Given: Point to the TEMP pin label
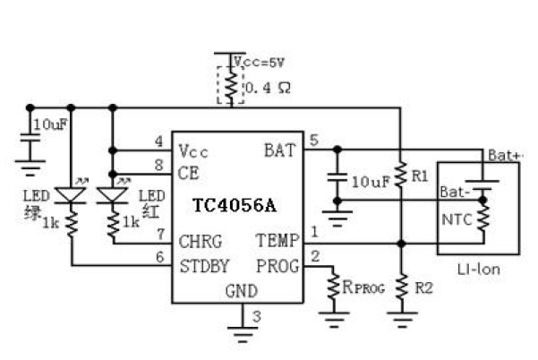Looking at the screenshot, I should click(x=273, y=242).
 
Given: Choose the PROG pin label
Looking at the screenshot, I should click(x=273, y=265).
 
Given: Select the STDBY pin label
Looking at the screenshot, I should click(x=204, y=265).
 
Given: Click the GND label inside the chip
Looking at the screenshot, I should click(x=239, y=290).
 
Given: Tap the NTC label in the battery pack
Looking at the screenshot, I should click(x=455, y=217).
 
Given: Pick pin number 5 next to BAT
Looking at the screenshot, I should click(x=312, y=139).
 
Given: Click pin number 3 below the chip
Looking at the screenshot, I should click(x=256, y=315).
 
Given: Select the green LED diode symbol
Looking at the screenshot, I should click(x=71, y=195).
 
